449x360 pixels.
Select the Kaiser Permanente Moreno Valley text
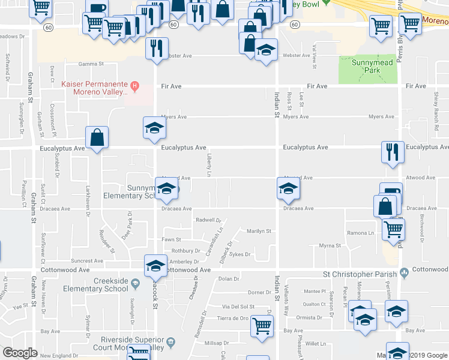tap(95, 88)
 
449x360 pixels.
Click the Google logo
tap(20, 353)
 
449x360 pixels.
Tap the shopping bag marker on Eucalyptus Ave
tap(97, 139)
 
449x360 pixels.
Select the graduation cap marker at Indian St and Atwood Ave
tap(288, 189)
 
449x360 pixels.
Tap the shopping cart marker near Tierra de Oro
tap(262, 326)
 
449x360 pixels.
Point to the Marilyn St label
tap(259, 231)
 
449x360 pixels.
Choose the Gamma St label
tap(91, 64)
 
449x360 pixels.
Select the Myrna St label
tap(330, 246)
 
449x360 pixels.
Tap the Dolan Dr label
tap(228, 279)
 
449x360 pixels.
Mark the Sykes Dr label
tap(239, 254)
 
